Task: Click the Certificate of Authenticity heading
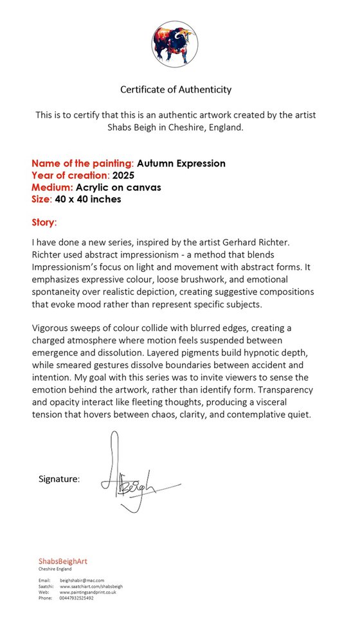[176, 89]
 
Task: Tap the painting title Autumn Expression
[181, 163]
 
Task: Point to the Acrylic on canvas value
[118, 187]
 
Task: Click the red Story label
[44, 223]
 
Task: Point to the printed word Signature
[59, 479]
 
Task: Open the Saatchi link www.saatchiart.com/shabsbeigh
[91, 586]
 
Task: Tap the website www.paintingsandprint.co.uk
[88, 592]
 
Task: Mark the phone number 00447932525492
[76, 598]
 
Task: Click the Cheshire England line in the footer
[55, 569]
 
